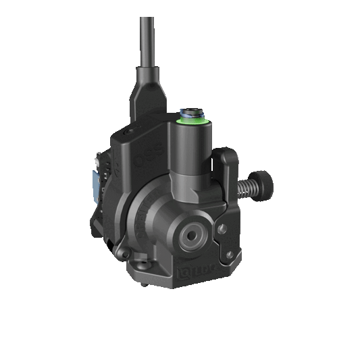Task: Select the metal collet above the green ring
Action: pos(191,109)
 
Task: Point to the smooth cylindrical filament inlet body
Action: pos(191,149)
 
